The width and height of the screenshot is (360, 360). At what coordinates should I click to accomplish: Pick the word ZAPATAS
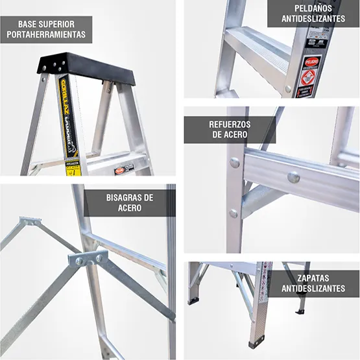tap(313, 278)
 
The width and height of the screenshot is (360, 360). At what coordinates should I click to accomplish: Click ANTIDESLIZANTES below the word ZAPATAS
tap(313, 290)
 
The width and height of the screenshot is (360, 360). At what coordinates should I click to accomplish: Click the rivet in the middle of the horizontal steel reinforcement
tap(293, 176)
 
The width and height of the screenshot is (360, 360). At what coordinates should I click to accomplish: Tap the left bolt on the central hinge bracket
tap(80, 261)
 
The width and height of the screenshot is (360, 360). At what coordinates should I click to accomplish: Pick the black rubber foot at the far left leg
tap(193, 301)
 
